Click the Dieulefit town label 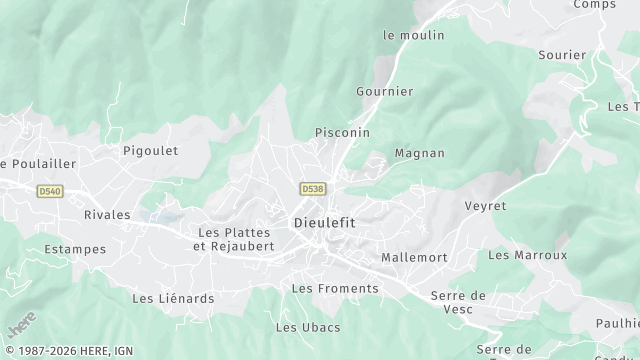coord(324,222)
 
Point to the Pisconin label coord(342,132)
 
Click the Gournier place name coord(384,91)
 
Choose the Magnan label coord(420,153)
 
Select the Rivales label coord(107,214)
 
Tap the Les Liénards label coord(173,297)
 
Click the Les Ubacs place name coord(308,327)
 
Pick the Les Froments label coord(335,288)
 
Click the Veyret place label coord(486,205)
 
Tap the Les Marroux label coord(527,255)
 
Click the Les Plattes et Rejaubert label coord(234,239)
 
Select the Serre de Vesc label coord(458,301)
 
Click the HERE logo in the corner coord(20,326)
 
